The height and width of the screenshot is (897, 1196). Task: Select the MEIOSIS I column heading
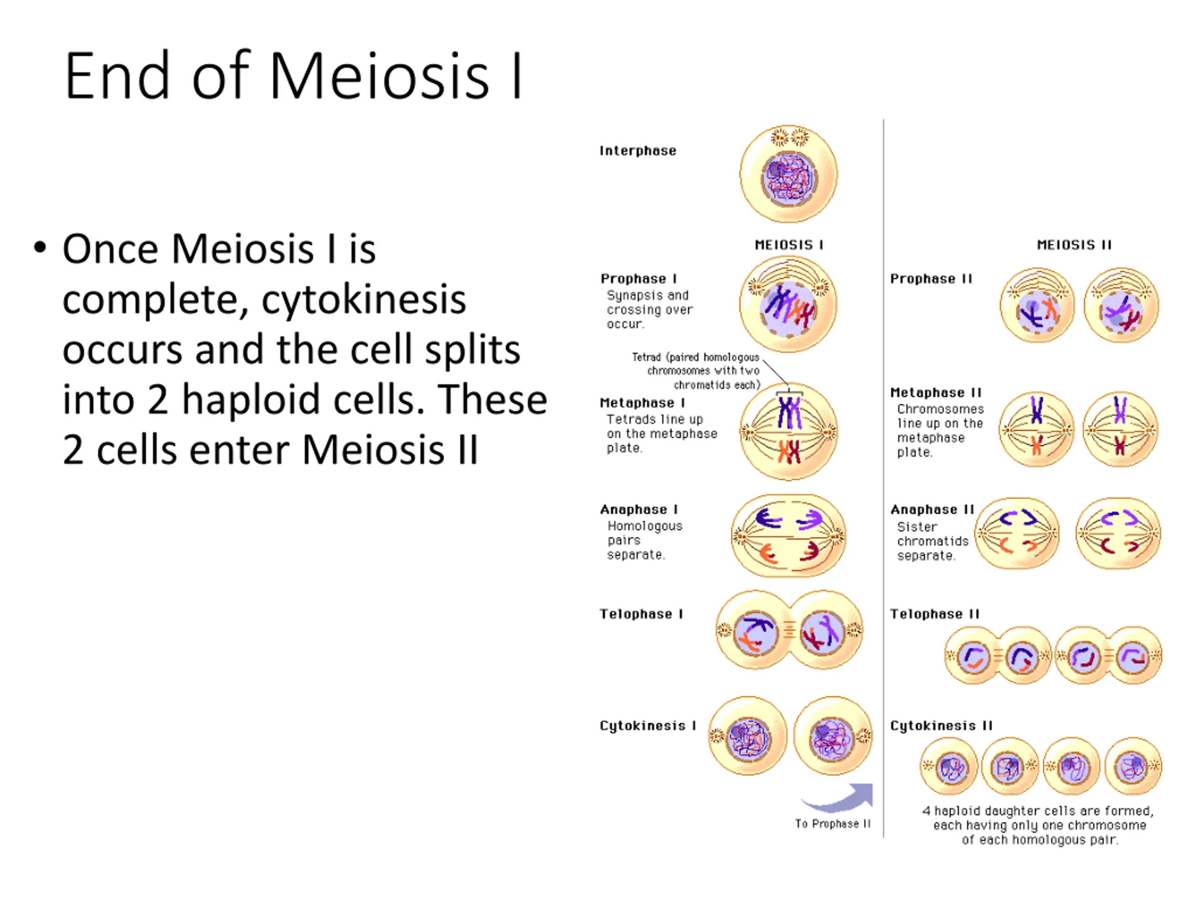tap(789, 245)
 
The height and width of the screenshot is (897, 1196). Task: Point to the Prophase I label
tap(639, 278)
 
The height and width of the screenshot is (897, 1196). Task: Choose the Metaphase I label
tap(642, 403)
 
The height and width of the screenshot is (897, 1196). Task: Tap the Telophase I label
tap(641, 614)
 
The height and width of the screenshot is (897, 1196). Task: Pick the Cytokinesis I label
tap(648, 726)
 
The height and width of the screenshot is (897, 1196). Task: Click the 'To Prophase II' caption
tap(833, 824)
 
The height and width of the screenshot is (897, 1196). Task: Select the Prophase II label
tap(931, 279)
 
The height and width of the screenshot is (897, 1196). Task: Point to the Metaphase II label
tap(935, 392)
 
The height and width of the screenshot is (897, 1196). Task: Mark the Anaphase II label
tap(932, 509)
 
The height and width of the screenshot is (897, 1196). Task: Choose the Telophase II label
tap(935, 614)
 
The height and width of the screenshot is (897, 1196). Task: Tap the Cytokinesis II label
tap(941, 726)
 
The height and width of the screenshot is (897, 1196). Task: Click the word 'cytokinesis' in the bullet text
tap(364, 299)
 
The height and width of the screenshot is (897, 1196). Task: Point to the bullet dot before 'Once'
tap(39, 248)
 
